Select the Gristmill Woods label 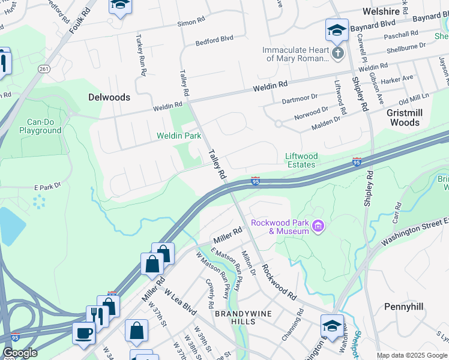[x=395, y=118]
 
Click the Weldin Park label [x=179, y=136]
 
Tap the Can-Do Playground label [x=40, y=126]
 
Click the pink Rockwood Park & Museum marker [x=319, y=226]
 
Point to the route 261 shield [x=43, y=70]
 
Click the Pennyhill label [x=403, y=307]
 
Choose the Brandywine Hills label [x=244, y=318]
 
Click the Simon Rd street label [x=191, y=22]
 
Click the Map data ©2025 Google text [x=412, y=355]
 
